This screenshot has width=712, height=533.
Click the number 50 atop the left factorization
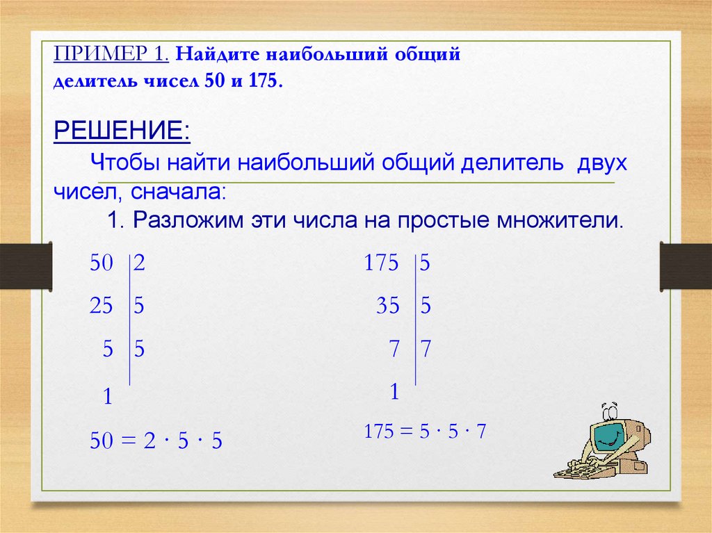pos(101,264)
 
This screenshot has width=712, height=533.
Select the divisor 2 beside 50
pos(139,264)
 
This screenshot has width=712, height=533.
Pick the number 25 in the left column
pos(101,305)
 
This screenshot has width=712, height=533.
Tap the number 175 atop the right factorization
pos(382,264)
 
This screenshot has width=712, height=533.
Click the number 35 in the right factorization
pos(388,305)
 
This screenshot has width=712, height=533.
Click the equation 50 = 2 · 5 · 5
pos(156,441)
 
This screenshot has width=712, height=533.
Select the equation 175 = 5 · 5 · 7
pos(425,431)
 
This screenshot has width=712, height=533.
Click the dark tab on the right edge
pos(686,266)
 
